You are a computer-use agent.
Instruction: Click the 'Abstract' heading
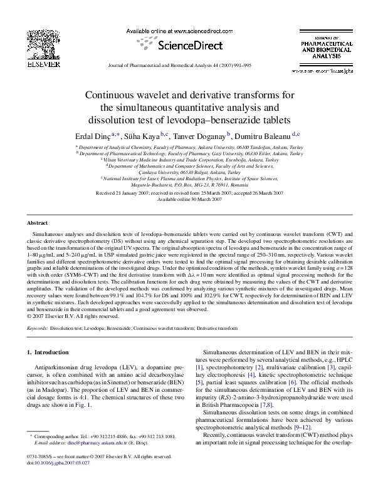pos(38,223)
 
